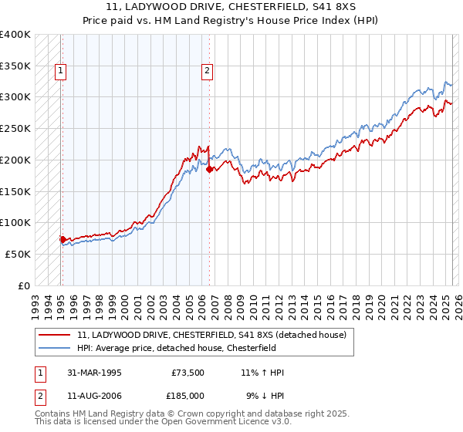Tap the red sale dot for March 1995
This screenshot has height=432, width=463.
click(x=63, y=239)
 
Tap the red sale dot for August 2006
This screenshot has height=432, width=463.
click(x=210, y=169)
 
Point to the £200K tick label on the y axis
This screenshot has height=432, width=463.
click(x=15, y=160)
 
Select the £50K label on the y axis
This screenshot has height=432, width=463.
click(x=18, y=254)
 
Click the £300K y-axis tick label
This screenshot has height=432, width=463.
click(x=15, y=97)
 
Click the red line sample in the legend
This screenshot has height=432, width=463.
click(x=55, y=335)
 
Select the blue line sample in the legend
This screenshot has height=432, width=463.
click(x=55, y=349)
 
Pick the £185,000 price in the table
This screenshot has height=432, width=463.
click(x=188, y=396)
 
